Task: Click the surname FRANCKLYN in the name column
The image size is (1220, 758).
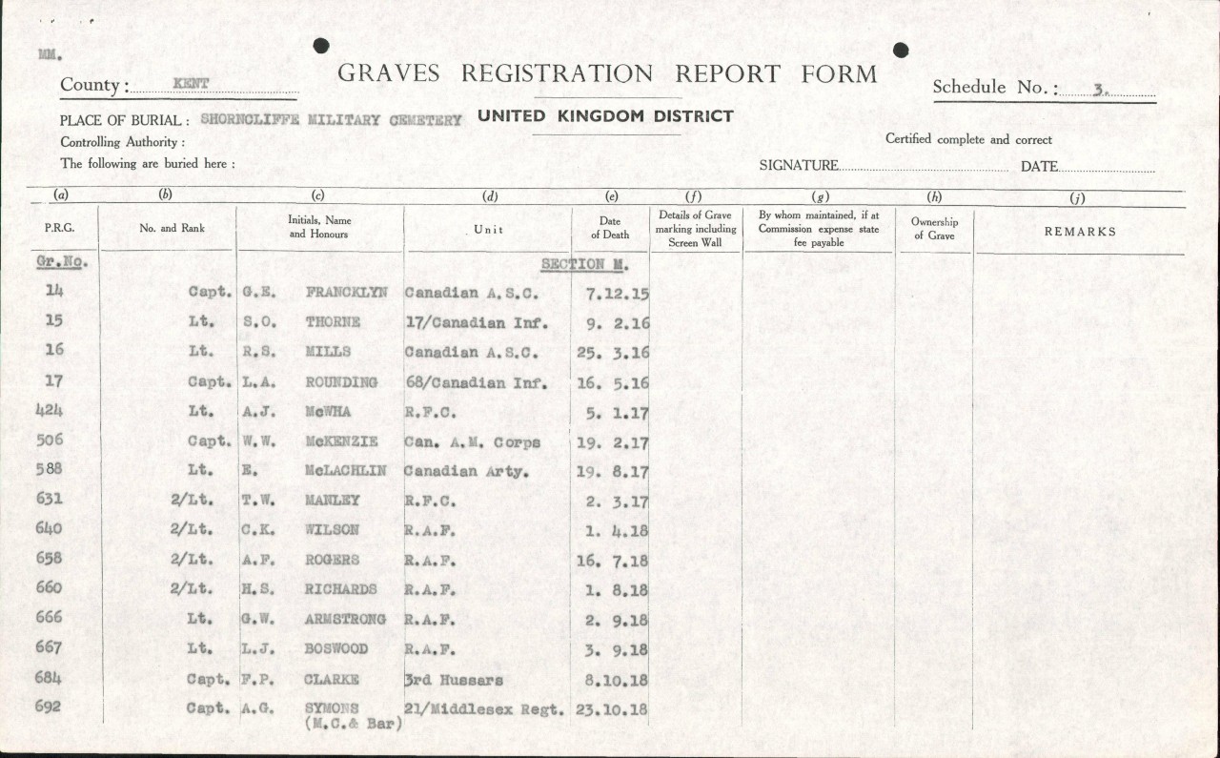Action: coord(346,293)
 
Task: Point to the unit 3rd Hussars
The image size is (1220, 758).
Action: coord(454,680)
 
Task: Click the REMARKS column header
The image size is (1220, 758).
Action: coord(1080,232)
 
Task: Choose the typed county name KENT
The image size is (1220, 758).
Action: coord(191,84)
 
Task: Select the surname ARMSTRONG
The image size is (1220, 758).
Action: coord(345,619)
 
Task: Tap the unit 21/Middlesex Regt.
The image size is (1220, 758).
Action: coord(483,708)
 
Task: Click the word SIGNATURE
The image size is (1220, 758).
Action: coord(799,166)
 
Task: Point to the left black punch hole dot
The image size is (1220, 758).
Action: coord(321,46)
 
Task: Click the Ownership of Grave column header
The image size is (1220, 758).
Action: coord(934,229)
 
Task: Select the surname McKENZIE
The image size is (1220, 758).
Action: coord(341,441)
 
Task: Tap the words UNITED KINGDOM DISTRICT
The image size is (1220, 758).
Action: coord(605,116)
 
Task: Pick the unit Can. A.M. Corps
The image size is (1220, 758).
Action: coord(472,442)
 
